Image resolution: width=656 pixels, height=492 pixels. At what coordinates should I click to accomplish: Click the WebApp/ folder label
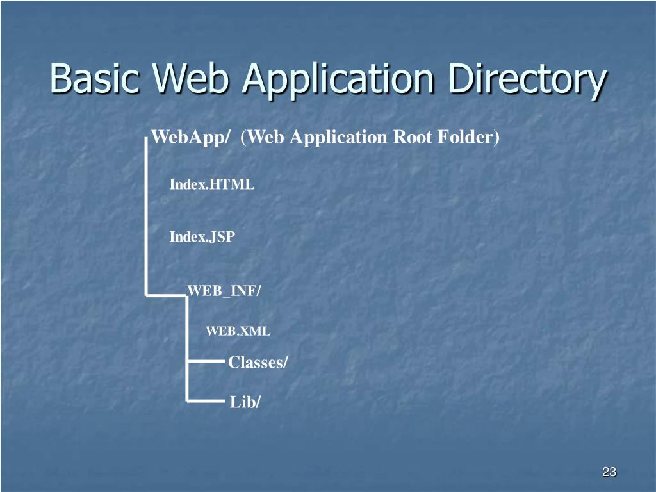(x=190, y=138)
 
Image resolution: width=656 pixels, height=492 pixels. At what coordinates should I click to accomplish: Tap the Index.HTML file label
(x=211, y=184)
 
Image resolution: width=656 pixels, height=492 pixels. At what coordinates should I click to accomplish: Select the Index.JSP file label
(x=202, y=237)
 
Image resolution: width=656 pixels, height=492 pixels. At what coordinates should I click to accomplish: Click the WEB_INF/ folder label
(x=224, y=291)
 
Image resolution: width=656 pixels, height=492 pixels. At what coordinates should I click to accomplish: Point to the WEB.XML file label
(x=238, y=331)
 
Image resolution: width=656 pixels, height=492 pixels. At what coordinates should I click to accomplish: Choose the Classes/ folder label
(x=258, y=363)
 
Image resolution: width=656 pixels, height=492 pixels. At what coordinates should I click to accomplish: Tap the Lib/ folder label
(x=245, y=402)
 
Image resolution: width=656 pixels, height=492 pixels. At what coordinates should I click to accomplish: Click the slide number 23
(x=609, y=473)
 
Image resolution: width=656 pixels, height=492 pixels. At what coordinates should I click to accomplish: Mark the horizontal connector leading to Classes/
(x=206, y=362)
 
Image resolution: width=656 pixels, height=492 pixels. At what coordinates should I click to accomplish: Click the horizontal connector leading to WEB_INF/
(x=167, y=295)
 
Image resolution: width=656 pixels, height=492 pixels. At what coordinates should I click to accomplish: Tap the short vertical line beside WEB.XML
(x=187, y=331)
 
